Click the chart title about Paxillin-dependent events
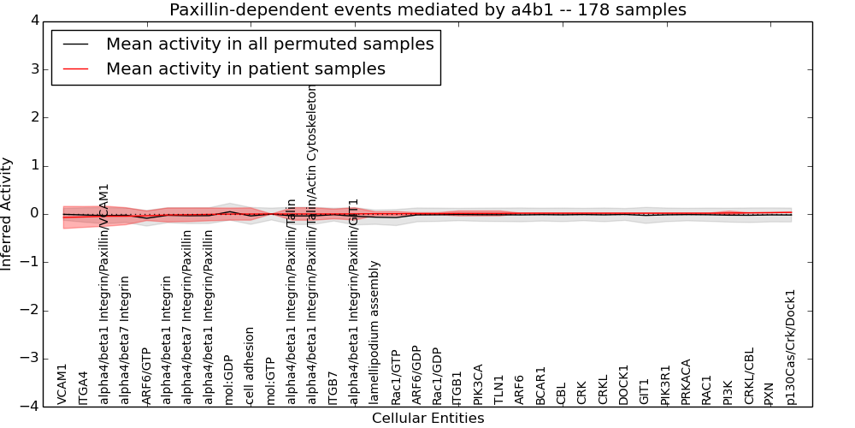[427, 9]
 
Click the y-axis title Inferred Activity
[7, 213]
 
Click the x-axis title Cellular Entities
[427, 419]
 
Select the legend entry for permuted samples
[269, 44]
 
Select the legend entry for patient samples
[245, 68]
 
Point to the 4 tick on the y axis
[38, 21]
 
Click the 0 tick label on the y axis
[38, 214]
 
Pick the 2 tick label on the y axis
[38, 117]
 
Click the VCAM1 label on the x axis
[62, 384]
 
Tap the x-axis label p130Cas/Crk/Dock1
[791, 347]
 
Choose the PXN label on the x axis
[769, 393]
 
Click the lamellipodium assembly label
[374, 332]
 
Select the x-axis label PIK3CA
[479, 384]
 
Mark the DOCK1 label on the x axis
[624, 385]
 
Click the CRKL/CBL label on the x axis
[749, 376]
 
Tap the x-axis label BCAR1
[540, 386]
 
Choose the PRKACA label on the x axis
[686, 382]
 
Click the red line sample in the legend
[75, 68]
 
